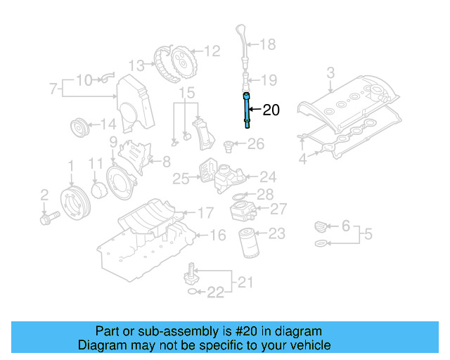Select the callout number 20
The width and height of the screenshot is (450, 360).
click(271, 110)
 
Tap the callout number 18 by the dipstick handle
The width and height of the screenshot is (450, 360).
click(268, 45)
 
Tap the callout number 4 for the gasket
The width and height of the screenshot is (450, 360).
click(302, 160)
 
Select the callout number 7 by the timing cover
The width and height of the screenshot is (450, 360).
click(53, 89)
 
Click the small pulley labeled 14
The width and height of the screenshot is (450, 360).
click(82, 129)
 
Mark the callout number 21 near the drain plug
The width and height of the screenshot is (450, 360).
click(244, 283)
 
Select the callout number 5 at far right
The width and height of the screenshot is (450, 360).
click(368, 233)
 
